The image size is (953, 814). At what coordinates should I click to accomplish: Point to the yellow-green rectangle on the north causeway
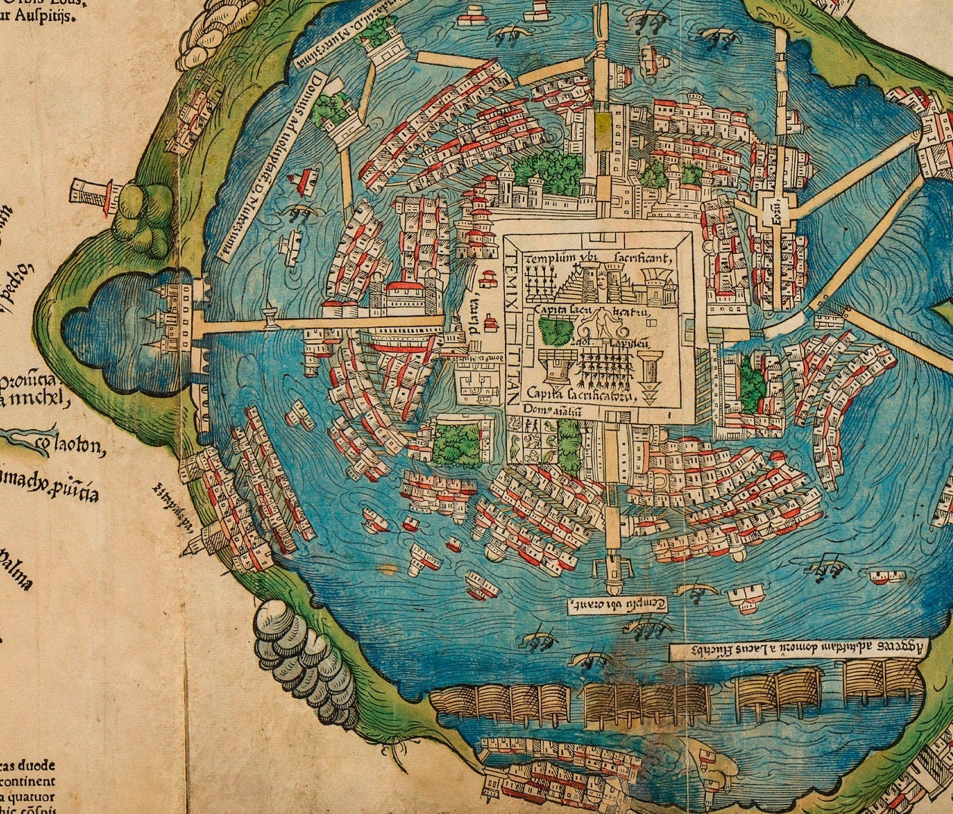(602, 125)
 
